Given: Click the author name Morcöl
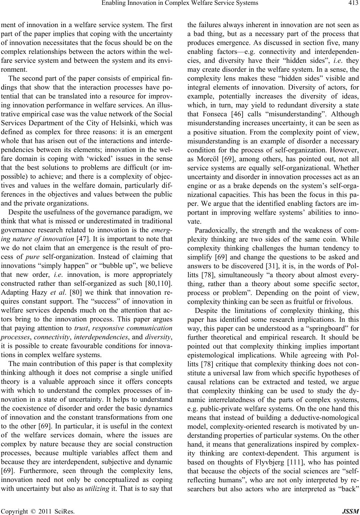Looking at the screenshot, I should coord(211,154).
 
